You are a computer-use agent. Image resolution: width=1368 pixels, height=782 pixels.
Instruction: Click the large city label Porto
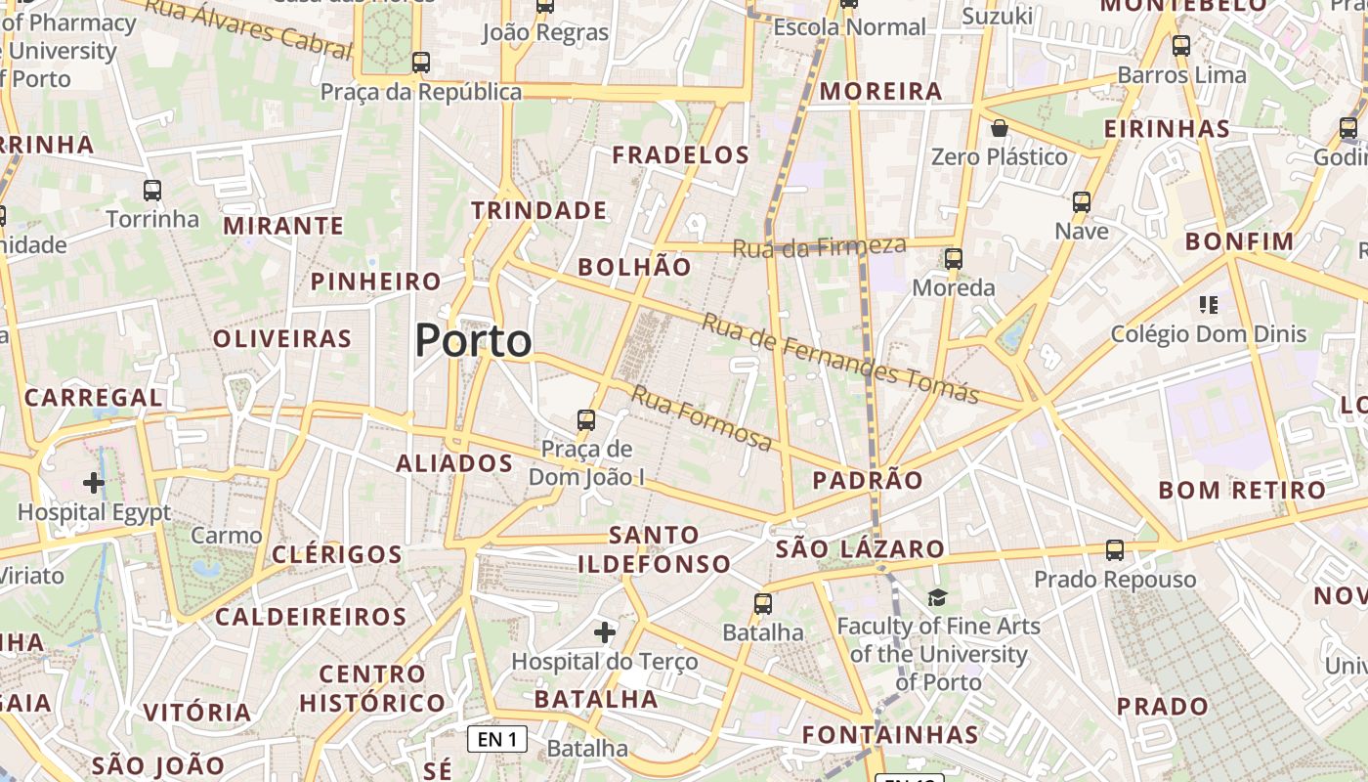pos(473,341)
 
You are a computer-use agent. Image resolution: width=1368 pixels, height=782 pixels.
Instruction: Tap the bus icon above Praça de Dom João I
pos(586,420)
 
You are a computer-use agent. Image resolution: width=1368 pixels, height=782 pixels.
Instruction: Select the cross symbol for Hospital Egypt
pos(94,482)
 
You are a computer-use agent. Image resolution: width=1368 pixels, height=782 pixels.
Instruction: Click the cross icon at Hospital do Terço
pos(605,632)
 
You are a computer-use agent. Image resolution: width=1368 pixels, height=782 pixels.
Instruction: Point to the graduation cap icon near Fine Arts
pos(937,597)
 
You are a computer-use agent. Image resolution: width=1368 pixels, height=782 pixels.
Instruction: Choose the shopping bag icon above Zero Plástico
pos(999,128)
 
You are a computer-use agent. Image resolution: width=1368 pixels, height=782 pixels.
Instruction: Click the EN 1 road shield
pos(497,739)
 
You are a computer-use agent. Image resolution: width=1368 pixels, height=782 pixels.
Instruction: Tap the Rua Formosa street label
pos(702,417)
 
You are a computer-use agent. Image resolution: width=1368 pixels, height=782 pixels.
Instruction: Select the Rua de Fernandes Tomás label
pos(840,359)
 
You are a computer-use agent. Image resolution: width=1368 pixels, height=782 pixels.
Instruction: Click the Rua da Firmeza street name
pos(819,246)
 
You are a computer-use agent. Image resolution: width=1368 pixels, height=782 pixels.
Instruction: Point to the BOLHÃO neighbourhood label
pos(634,267)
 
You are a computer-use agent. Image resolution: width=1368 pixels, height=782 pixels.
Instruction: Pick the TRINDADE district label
pos(538,210)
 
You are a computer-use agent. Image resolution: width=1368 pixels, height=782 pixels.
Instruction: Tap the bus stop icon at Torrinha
pos(152,190)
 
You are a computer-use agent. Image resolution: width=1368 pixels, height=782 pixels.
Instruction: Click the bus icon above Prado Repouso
pos(1115,549)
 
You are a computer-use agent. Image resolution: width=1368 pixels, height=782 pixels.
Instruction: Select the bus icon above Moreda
pos(954,259)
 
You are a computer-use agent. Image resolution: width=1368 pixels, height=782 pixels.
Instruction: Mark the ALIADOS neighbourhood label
pos(454,463)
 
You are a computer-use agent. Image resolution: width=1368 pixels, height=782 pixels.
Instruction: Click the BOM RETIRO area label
pos(1242,490)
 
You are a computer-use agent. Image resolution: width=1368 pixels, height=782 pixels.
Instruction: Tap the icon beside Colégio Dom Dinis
pos(1209,305)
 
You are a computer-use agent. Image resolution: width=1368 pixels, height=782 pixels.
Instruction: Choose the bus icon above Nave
pos(1082,202)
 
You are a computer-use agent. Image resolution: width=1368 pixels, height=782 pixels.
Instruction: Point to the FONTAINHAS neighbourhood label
pos(889,734)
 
